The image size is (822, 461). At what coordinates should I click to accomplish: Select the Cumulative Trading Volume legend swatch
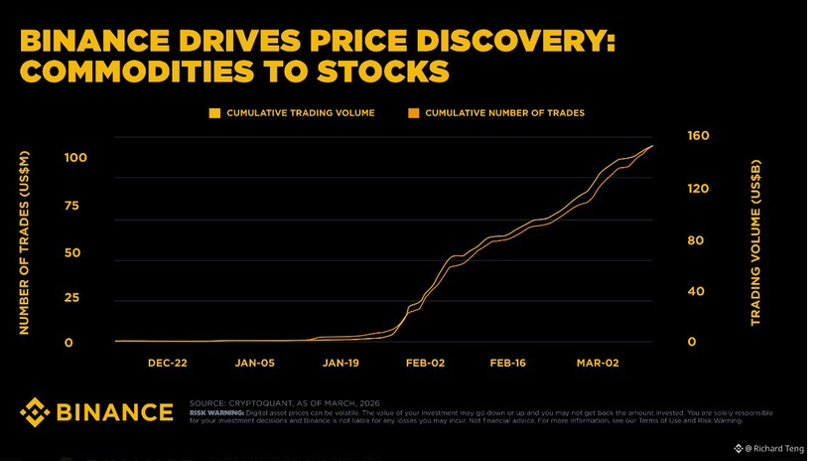(214, 113)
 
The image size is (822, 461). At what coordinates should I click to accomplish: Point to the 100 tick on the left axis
(75, 158)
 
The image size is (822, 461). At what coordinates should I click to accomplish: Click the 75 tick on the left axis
(71, 206)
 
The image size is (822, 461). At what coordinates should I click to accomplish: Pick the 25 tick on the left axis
(71, 298)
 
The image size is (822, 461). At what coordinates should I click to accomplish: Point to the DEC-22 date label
(167, 364)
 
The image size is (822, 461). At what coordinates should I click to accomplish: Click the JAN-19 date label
(341, 364)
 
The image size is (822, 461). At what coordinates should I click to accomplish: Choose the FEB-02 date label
(426, 364)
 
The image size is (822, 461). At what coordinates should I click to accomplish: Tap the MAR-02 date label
(598, 364)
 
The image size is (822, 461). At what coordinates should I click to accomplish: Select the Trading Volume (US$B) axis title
(754, 243)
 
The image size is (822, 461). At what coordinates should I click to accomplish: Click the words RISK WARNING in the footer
(216, 412)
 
